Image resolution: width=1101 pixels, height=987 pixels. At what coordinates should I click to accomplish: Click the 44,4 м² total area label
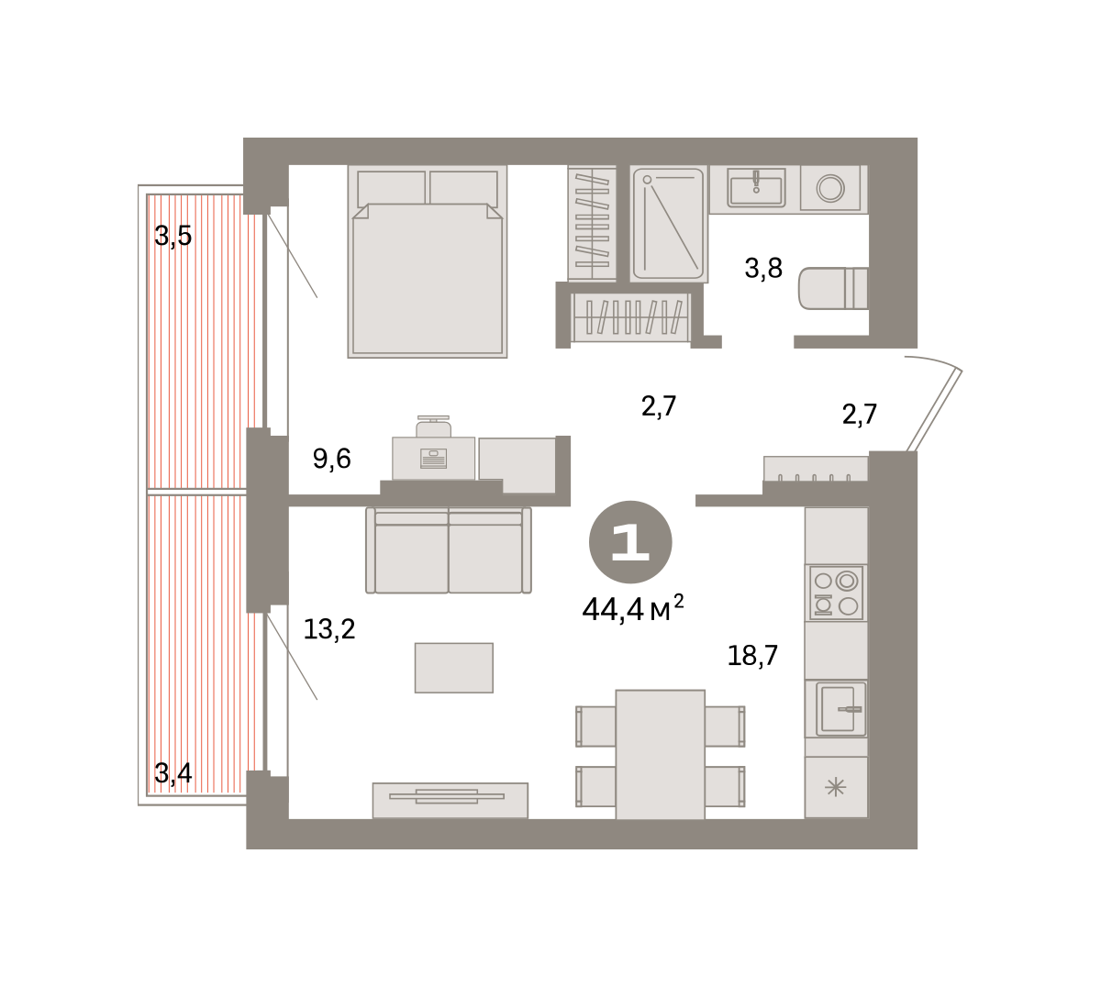pos(632,608)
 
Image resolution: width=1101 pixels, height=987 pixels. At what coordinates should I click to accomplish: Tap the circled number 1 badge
pos(630,542)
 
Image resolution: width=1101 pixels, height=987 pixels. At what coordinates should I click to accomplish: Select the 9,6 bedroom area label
pos(331,460)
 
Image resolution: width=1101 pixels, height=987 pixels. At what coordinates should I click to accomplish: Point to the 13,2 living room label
pos(328,629)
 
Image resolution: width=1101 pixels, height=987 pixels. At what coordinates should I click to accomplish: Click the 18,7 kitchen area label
pos(752,656)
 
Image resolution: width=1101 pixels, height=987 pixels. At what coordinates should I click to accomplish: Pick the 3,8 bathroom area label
pos(763,268)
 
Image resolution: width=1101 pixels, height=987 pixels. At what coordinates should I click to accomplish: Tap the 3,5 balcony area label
pos(172,236)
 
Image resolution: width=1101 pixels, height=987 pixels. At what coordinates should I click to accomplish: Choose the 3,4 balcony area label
pos(172,773)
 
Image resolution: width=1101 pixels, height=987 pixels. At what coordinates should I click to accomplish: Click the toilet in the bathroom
pos(833,288)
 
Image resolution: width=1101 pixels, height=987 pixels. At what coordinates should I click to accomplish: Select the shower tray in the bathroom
pos(669,224)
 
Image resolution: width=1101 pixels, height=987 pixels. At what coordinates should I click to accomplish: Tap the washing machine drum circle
pos(830,189)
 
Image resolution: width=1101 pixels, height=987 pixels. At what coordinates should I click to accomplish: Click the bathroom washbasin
pos(756,188)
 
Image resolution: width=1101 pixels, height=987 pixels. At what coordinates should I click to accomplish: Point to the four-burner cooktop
pos(836,593)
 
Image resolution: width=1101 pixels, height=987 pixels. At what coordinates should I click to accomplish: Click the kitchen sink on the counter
pos(836,708)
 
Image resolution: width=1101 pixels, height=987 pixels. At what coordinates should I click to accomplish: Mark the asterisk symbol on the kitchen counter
pos(835,788)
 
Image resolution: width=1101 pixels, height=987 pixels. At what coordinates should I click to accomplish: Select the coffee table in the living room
pos(454,668)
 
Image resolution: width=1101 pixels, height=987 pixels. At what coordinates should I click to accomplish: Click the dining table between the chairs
pos(661,755)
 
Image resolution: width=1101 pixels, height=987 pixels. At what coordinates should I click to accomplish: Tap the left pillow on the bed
pos(391,188)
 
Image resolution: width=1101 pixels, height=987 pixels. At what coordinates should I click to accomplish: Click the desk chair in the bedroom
pos(433,427)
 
